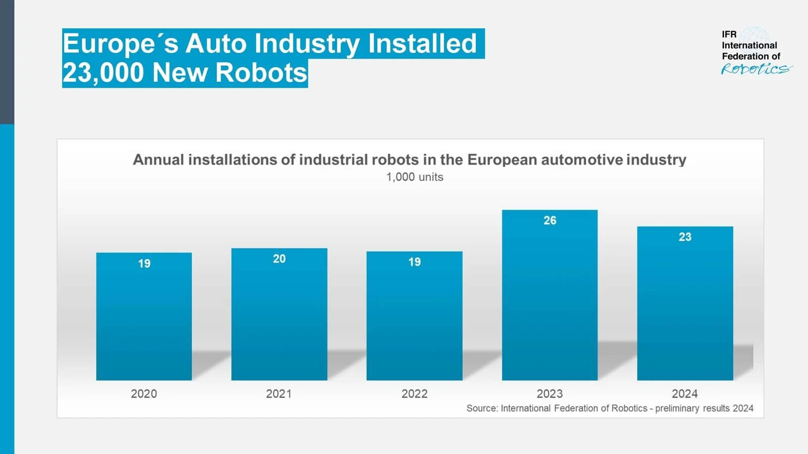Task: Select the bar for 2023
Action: [x=549, y=303]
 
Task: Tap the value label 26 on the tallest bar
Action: [x=550, y=220]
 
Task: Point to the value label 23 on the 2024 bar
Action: [x=685, y=237]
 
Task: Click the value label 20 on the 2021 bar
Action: [x=279, y=259]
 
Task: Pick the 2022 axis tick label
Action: [x=414, y=393]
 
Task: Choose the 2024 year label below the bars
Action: [x=684, y=393]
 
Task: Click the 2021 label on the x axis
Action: [x=279, y=393]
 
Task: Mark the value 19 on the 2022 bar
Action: [x=415, y=262]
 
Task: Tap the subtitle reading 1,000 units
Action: [x=415, y=177]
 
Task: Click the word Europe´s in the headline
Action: [x=120, y=44]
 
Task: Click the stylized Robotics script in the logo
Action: [x=755, y=69]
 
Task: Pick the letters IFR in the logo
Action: [x=729, y=34]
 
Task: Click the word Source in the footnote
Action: [x=481, y=408]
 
